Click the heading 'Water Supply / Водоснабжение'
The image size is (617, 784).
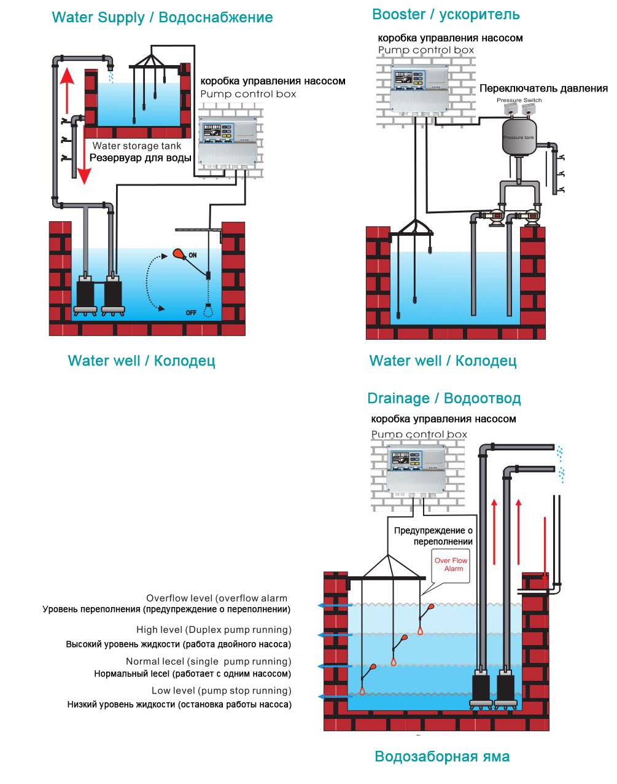(162, 18)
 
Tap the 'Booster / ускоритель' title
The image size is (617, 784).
(446, 15)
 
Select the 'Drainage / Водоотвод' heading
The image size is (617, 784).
(444, 399)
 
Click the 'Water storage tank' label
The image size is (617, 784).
(137, 146)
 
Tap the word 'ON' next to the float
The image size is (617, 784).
(193, 255)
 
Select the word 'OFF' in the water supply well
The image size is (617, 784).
(191, 313)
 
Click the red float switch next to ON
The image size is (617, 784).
(179, 253)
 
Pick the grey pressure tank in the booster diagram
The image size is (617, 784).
(519, 138)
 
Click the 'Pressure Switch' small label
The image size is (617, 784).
(519, 100)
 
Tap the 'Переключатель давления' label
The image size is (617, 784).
(543, 88)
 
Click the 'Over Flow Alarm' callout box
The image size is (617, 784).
(451, 565)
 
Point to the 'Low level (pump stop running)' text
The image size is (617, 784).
(222, 691)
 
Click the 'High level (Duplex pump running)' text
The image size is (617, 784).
(214, 630)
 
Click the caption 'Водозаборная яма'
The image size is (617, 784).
(442, 757)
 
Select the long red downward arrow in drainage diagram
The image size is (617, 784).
(545, 550)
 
